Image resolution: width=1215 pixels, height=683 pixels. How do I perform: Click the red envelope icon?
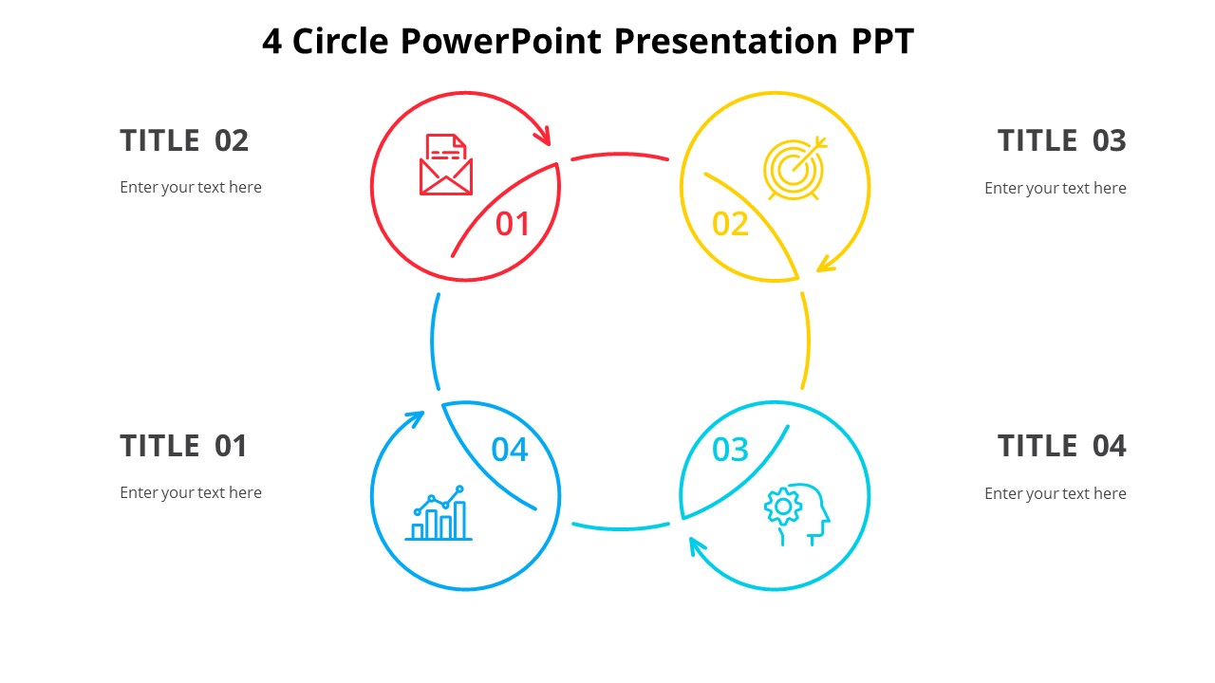tap(446, 165)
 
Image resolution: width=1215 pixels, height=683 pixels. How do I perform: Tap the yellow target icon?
tap(794, 169)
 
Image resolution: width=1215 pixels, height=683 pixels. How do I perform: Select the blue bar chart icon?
tap(439, 514)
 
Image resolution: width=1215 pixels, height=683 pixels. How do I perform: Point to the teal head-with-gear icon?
tap(796, 512)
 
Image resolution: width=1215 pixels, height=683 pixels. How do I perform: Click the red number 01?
tap(513, 224)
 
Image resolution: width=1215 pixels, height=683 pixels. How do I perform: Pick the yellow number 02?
tap(731, 224)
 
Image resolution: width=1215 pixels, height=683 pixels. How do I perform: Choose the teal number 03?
tap(731, 450)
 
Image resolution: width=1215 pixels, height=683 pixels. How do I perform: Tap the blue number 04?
tap(510, 450)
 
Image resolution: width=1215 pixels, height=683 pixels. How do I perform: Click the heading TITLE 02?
tap(184, 140)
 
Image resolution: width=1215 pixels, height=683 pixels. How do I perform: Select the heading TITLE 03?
tap(1061, 140)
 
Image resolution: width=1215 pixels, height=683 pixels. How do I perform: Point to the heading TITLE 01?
tap(183, 446)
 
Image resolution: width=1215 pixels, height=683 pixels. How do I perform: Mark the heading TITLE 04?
tap(1061, 446)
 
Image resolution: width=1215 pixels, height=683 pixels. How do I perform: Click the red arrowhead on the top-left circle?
tap(544, 135)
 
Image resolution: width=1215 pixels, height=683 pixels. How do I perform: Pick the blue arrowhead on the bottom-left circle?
tap(415, 417)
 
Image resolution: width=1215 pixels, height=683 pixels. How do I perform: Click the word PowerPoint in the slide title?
tap(500, 42)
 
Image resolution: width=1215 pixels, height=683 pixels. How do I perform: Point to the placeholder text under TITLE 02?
tap(191, 188)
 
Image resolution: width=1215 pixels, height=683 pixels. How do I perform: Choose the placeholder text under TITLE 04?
tap(1055, 493)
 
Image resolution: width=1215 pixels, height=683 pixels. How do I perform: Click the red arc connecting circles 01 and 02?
tap(620, 155)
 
